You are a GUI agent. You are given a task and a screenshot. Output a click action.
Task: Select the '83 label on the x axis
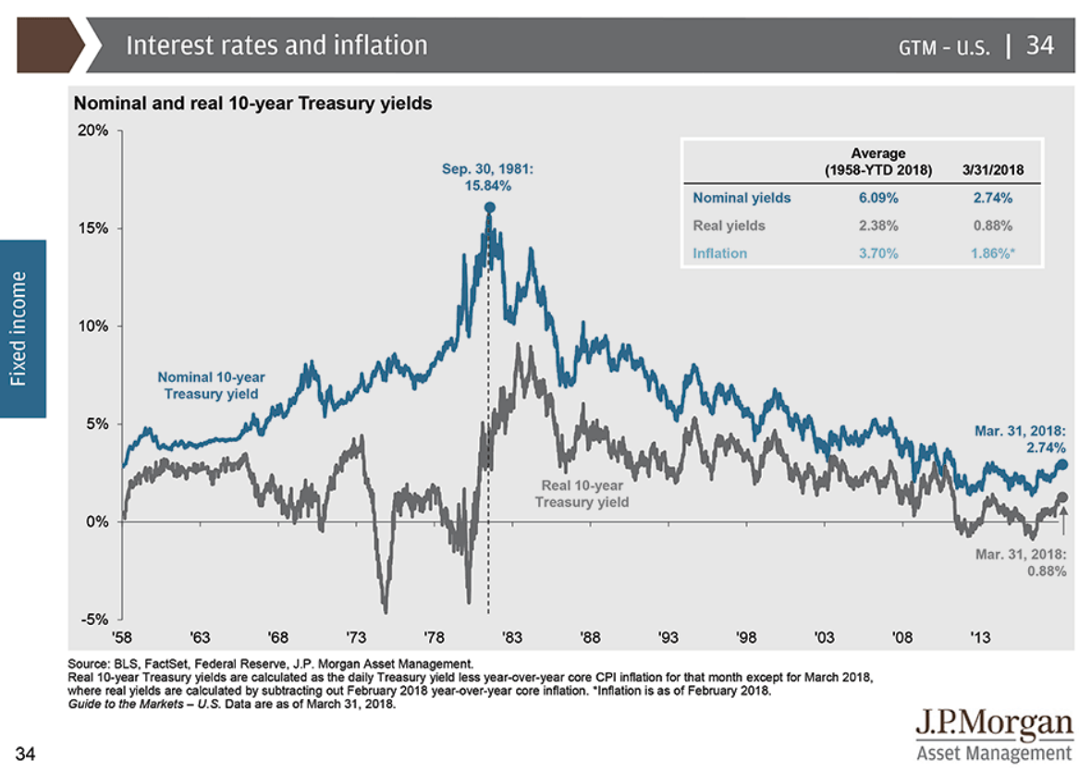coord(512,638)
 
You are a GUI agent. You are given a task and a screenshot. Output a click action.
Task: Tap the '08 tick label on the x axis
coord(902,638)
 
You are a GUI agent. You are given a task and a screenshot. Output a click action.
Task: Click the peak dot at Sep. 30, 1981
coord(489,208)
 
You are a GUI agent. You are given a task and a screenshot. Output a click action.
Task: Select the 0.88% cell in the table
coord(992,226)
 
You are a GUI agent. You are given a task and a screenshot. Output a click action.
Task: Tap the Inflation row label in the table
coord(720,253)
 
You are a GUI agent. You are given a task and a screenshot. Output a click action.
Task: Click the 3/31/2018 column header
coord(992,170)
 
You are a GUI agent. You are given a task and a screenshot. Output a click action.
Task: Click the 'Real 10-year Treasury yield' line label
coord(582,493)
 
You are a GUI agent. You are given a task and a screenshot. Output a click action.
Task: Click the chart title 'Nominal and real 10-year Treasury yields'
coord(252,104)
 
